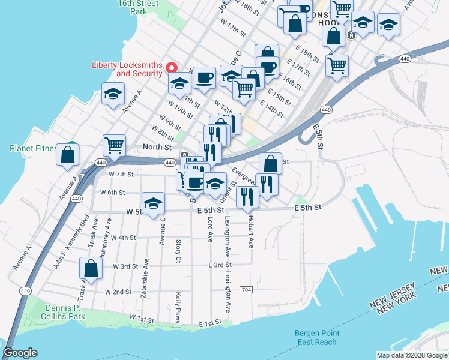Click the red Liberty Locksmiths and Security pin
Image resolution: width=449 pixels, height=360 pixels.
point(171,67)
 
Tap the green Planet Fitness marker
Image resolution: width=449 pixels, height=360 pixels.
point(71,145)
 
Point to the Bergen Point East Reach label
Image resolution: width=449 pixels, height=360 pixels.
point(318,337)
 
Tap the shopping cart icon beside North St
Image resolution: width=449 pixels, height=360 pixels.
point(114,145)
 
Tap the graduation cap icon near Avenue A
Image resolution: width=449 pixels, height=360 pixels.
point(113,94)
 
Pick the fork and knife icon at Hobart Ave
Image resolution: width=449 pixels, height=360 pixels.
point(247,196)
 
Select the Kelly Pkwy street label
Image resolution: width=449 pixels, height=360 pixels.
point(178,307)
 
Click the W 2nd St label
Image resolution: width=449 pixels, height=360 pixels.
point(118,292)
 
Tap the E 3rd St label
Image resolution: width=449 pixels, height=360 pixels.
point(220,265)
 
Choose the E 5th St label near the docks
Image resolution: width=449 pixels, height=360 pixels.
point(309,207)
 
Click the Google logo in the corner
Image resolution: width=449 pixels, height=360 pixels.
point(20,353)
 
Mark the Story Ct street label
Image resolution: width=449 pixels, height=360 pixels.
point(178,251)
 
